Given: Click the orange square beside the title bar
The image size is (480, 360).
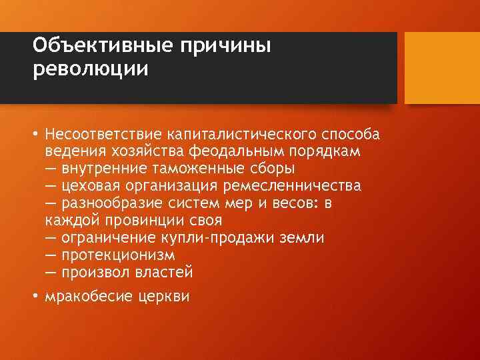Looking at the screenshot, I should (x=442, y=68).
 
